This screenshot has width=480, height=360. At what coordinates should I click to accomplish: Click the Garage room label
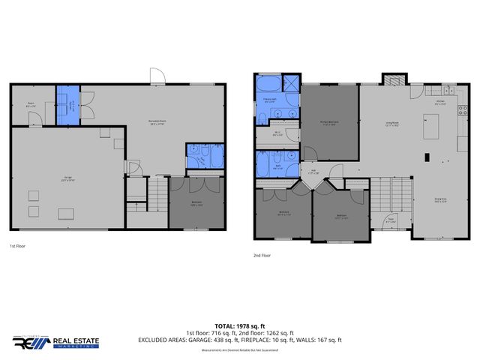[67, 178]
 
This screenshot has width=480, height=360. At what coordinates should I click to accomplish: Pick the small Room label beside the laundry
[31, 105]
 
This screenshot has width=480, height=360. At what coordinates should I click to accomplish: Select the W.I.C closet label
[277, 135]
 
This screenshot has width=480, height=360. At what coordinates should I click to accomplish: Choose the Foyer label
[389, 220]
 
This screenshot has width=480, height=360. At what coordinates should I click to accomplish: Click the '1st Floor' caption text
[19, 246]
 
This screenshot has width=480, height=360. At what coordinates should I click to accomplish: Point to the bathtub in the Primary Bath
[268, 82]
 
